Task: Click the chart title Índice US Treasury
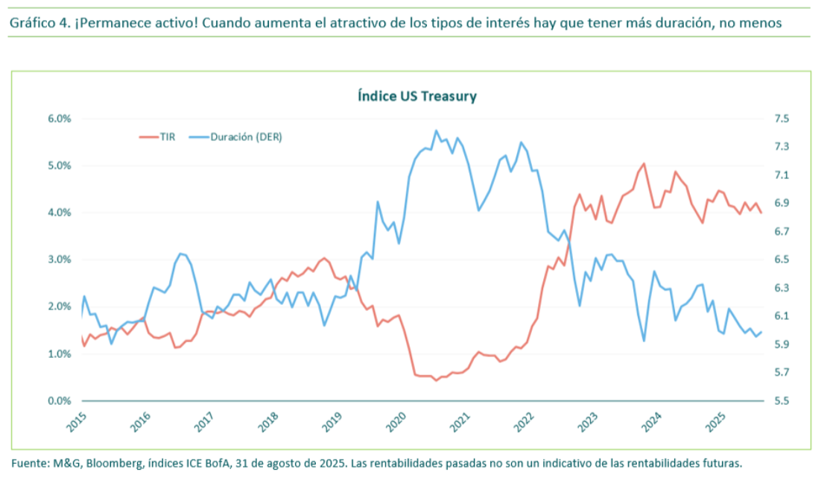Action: coord(416,96)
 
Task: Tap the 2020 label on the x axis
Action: coord(395,422)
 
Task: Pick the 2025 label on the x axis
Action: coord(714,422)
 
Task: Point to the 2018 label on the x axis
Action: coord(267,422)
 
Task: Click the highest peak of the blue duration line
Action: coord(436,130)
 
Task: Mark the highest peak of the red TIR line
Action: coord(644,163)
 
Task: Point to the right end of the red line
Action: coord(761,213)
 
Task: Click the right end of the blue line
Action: coord(761,332)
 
